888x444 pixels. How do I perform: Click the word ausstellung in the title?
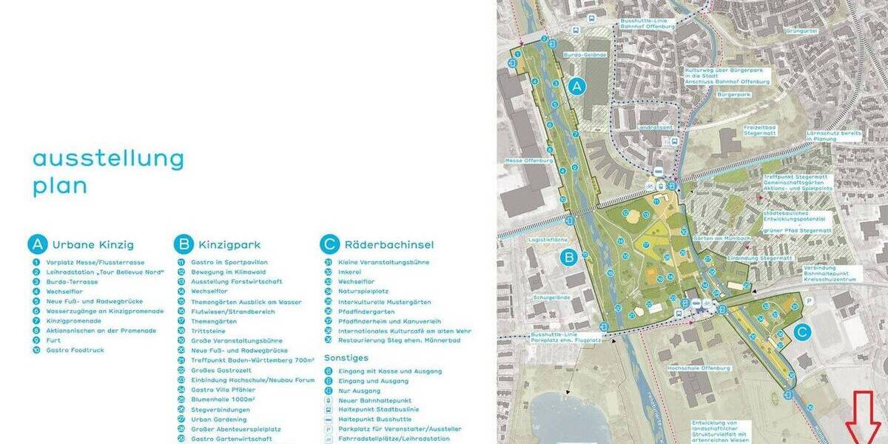107,158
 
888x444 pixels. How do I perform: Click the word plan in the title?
60,186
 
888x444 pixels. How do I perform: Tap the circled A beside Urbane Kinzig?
37,244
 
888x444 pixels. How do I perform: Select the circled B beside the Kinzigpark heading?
183,244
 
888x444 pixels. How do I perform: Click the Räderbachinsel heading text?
388,245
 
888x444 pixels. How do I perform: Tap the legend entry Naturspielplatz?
363,292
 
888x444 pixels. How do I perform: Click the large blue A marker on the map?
578,87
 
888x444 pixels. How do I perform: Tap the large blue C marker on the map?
802,333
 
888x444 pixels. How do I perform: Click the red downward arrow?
862,425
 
